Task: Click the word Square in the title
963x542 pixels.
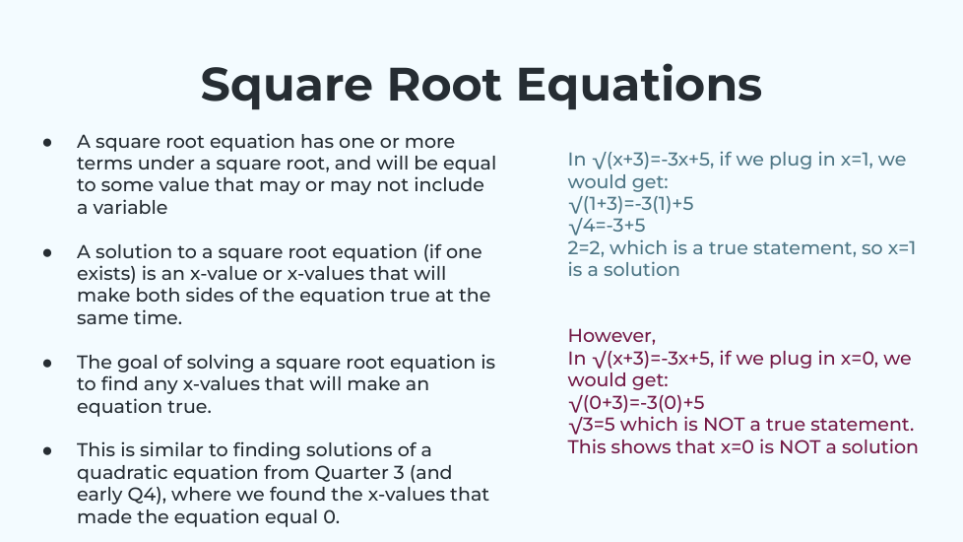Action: click(x=287, y=86)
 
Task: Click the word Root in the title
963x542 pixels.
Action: click(x=445, y=84)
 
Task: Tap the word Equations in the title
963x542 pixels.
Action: click(x=639, y=86)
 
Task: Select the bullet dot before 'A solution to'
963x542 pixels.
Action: click(x=47, y=252)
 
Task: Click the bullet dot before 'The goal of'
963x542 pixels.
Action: click(x=47, y=364)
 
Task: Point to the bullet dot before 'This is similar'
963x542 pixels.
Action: click(x=47, y=451)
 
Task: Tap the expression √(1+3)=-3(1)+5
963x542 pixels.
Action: click(x=631, y=204)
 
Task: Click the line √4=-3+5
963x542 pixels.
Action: click(x=607, y=226)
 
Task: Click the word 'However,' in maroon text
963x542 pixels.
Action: click(x=611, y=336)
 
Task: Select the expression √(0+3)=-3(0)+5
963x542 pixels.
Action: click(x=636, y=403)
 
